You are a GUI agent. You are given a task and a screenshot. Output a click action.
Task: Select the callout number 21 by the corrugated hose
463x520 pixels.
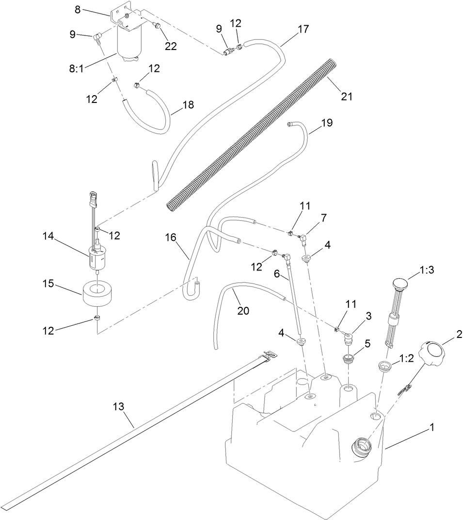[x=346, y=96]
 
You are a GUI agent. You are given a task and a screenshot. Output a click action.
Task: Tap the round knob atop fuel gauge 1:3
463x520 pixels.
[x=400, y=284]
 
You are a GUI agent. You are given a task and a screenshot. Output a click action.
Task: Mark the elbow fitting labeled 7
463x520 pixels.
[x=303, y=238]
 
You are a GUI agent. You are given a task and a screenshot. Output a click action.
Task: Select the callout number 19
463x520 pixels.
[x=327, y=123]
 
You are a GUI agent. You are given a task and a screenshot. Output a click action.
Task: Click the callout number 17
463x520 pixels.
[x=303, y=29]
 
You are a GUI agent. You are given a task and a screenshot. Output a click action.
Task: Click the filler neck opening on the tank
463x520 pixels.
[x=361, y=444]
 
